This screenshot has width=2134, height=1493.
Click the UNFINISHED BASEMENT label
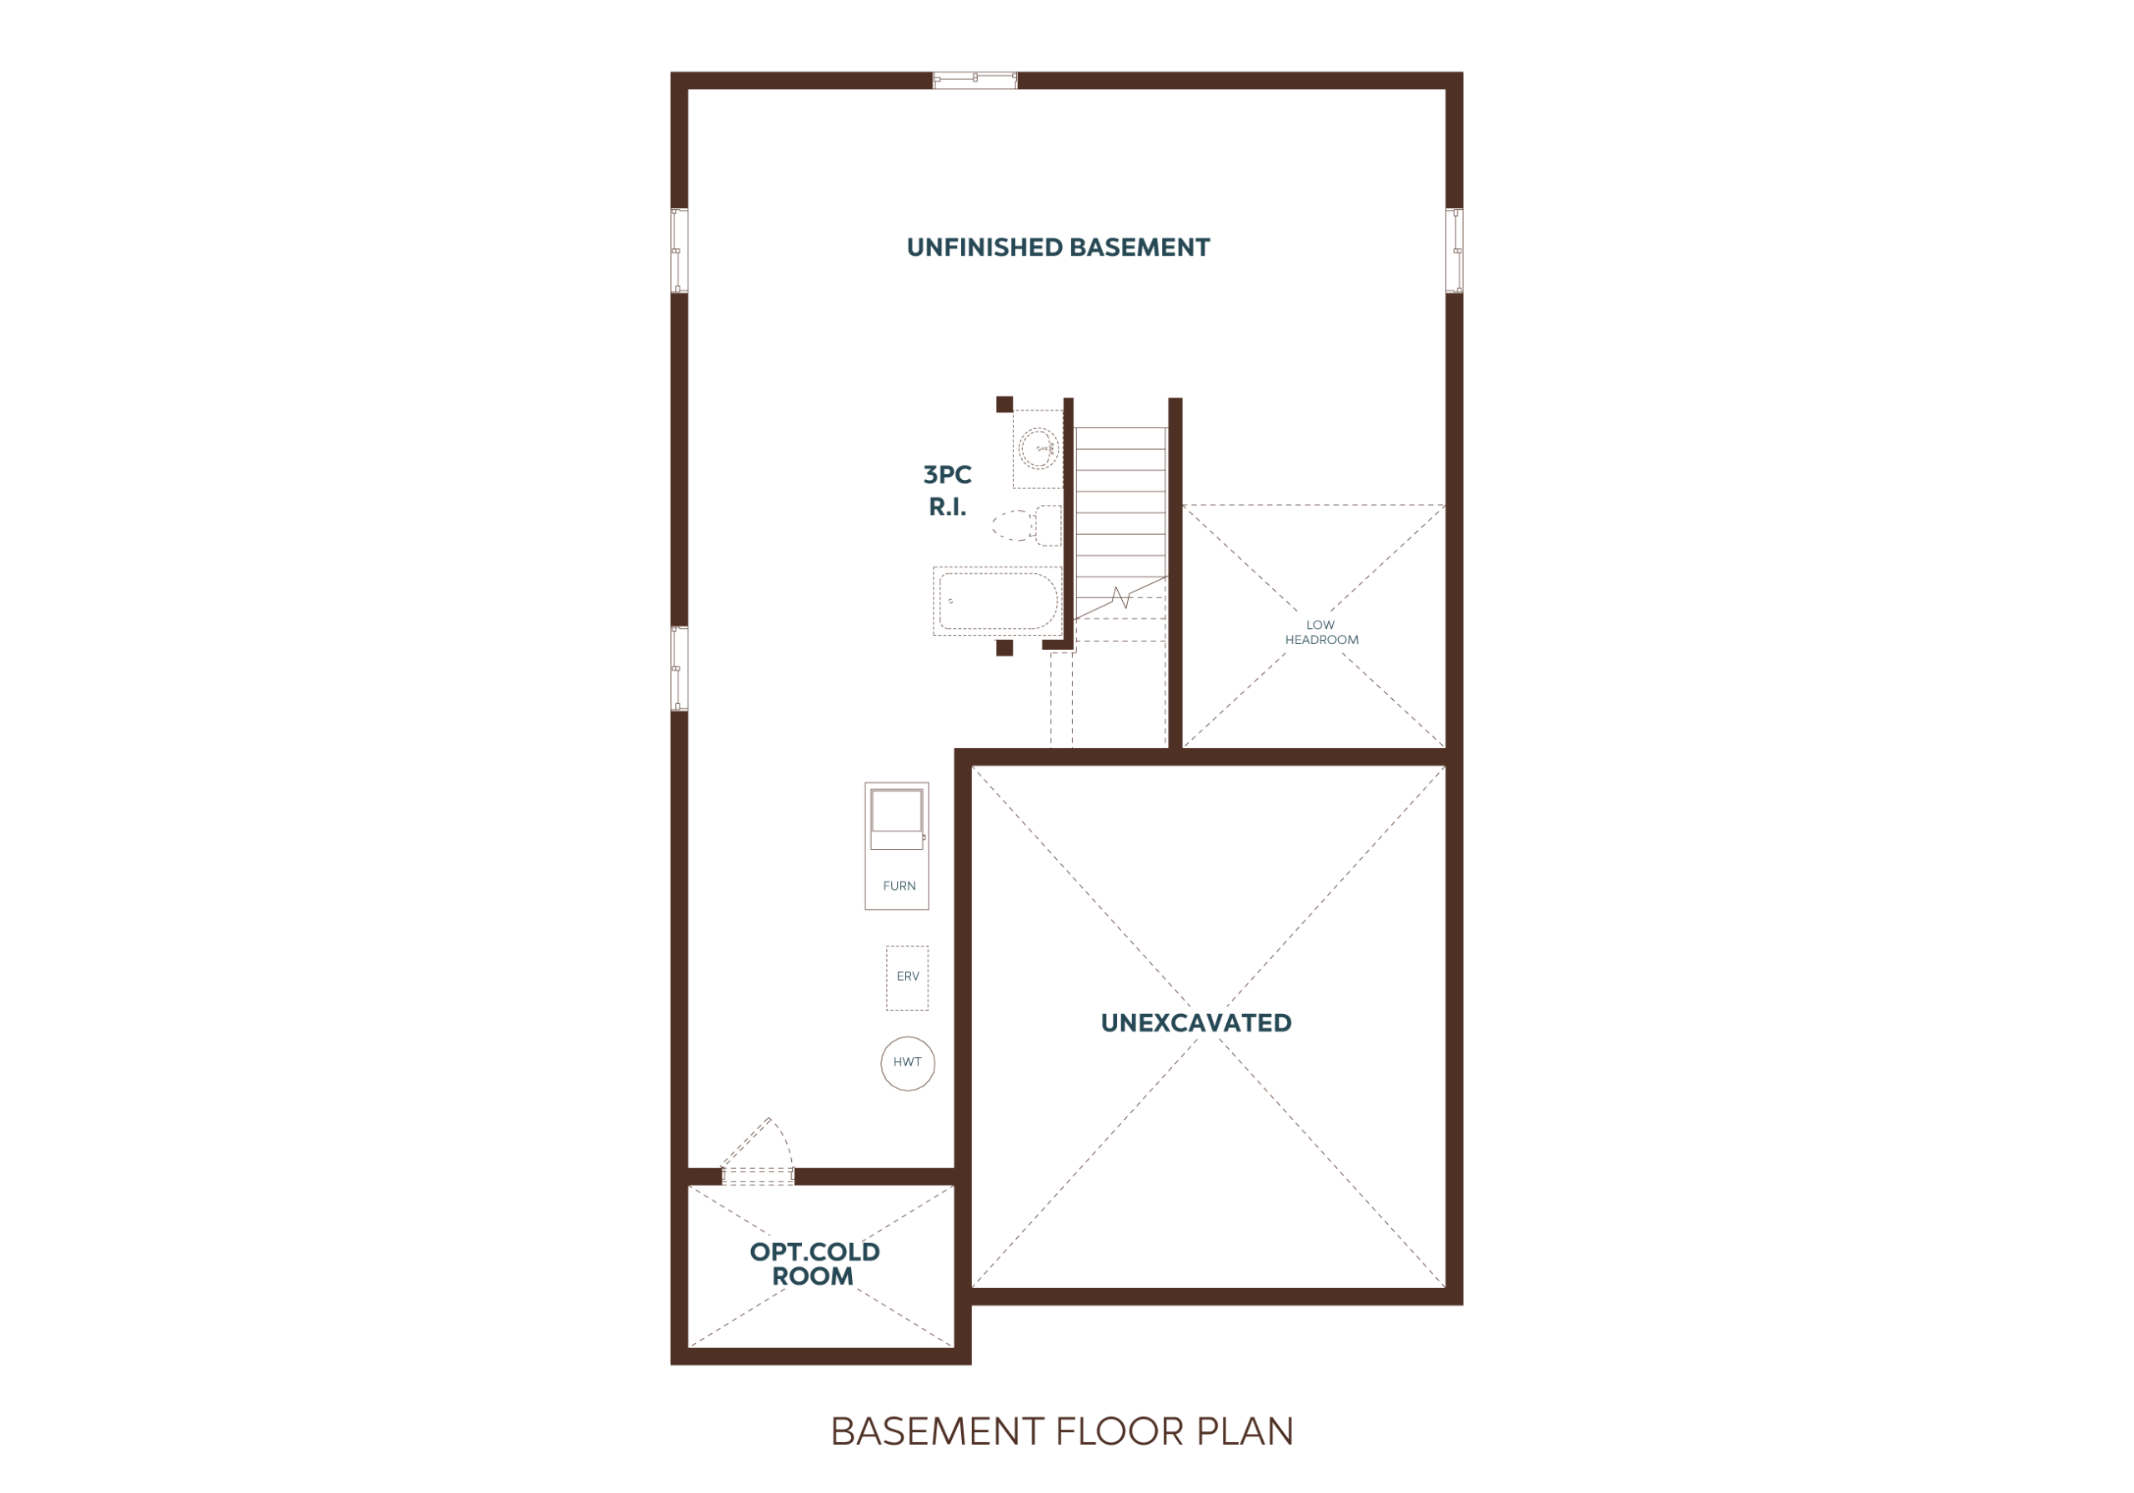click(1058, 248)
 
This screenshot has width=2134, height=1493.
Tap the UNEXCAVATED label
click(1195, 1023)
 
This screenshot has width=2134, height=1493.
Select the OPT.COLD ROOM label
click(814, 1264)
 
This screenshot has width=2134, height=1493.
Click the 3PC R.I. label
click(947, 491)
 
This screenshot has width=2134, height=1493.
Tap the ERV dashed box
click(906, 978)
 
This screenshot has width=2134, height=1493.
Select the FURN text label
click(899, 886)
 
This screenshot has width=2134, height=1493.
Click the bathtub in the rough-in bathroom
click(997, 601)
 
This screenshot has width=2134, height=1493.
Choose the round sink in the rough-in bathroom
click(1037, 449)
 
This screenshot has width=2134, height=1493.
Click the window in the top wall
click(975, 81)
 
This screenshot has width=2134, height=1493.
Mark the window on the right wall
click(1455, 251)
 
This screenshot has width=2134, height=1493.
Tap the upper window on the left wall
click(679, 251)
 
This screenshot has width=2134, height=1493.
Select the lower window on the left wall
click(679, 669)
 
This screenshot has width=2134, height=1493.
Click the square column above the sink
click(1004, 404)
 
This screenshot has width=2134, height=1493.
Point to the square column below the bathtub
click(1004, 647)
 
